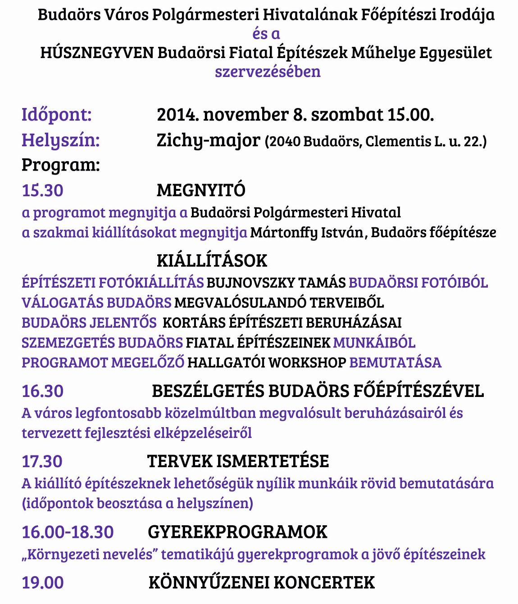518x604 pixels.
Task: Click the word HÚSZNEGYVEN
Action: [97, 53]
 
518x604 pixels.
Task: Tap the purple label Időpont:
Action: [56, 115]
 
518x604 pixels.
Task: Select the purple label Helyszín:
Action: [60, 140]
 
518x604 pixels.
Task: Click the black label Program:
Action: [60, 165]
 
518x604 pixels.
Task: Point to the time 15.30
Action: [42, 190]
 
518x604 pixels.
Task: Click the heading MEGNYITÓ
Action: [201, 190]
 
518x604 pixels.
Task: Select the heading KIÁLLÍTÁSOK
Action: [212, 261]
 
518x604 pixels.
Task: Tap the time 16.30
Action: [42, 391]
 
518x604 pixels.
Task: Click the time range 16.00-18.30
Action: [68, 532]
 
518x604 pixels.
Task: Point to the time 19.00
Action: [42, 583]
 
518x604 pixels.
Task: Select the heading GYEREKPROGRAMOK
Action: [237, 532]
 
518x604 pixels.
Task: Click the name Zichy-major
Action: [208, 140]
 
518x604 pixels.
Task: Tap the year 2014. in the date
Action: [178, 115]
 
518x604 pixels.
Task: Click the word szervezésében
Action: [268, 72]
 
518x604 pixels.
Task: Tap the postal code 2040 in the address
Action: [285, 142]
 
